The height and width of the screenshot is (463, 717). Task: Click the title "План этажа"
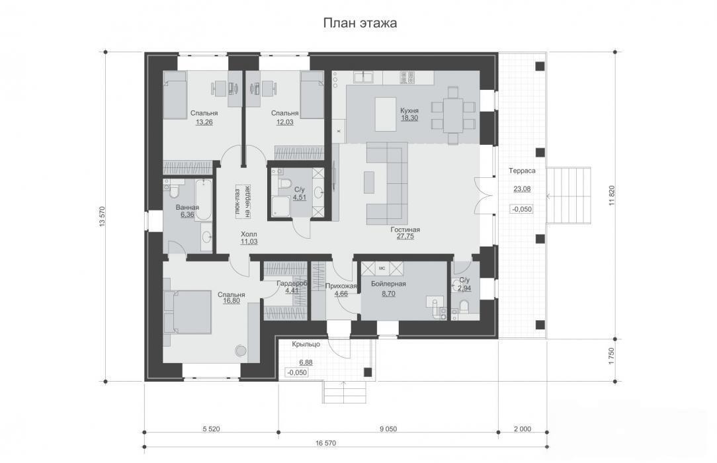[360, 23]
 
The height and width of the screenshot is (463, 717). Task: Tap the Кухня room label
[409, 110]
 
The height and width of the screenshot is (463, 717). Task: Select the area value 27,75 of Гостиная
[405, 237]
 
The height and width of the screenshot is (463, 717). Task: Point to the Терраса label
[522, 171]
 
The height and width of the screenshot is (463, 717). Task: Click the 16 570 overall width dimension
[325, 443]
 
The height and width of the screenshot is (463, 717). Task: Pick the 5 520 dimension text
[211, 429]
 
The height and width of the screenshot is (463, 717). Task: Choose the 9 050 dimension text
[388, 429]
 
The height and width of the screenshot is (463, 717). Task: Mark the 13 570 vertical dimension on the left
[102, 217]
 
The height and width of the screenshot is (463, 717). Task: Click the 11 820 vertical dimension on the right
[612, 195]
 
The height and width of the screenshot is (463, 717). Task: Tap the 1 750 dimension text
[612, 357]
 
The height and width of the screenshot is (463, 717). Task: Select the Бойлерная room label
[388, 284]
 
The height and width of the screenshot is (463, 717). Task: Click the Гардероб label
[292, 283]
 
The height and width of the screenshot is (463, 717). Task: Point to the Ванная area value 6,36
[187, 214]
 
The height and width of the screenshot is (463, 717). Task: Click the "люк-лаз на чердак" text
[242, 202]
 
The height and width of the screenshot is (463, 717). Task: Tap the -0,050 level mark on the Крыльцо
[297, 372]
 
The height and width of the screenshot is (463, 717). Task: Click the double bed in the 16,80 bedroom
[189, 312]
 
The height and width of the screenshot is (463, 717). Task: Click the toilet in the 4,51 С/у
[285, 183]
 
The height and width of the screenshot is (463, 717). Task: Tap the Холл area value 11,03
[249, 242]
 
